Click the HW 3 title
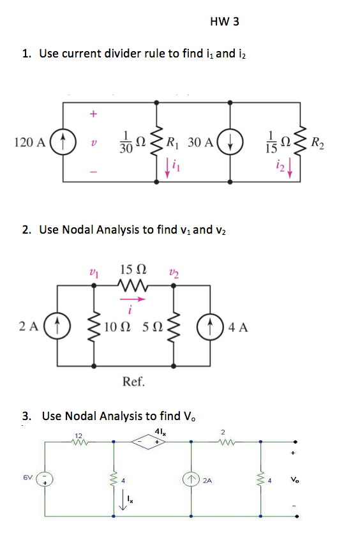click(224, 22)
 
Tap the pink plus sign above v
click(93, 114)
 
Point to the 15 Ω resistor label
click(131, 271)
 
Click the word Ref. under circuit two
click(133, 382)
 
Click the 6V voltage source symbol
click(43, 478)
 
